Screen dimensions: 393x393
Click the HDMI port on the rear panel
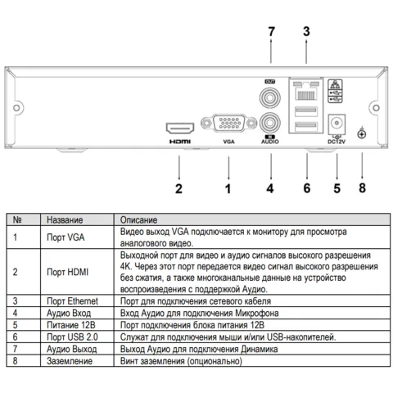pos(180,128)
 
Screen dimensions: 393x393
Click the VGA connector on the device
pos(229,123)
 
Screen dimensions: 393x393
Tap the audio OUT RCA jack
pos(270,97)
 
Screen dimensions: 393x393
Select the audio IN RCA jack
pos(270,123)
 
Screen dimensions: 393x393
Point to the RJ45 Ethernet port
pos(306,90)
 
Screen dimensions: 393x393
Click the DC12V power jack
pos(337,124)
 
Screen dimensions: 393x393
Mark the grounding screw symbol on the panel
pos(362,133)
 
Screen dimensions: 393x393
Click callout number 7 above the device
pos(271,32)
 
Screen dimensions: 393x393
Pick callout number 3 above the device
pos(306,32)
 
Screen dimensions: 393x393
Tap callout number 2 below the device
pos(178,188)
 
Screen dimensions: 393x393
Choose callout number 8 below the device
pos(362,188)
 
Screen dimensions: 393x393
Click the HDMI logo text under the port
pos(180,142)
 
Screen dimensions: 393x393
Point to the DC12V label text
pos(337,142)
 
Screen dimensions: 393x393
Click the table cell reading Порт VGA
pos(65,237)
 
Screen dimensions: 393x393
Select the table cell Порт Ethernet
pos(72,301)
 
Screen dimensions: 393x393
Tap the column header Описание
pos(138,219)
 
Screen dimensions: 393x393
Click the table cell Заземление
pos(70,361)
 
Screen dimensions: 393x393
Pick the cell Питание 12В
pos(71,325)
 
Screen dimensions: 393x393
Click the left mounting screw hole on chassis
pos(16,108)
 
